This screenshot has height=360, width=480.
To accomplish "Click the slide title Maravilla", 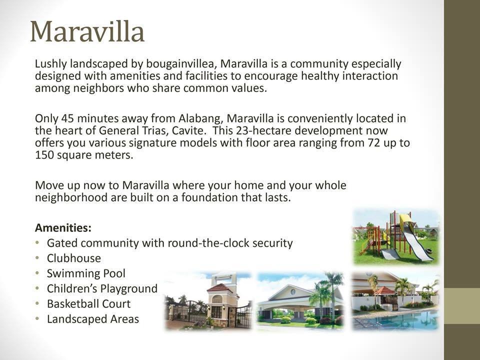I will (x=87, y=31).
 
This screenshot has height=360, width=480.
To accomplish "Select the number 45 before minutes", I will (x=67, y=119).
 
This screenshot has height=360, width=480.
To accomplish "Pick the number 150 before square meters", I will (x=44, y=155).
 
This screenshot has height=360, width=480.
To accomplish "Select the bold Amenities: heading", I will (x=63, y=228).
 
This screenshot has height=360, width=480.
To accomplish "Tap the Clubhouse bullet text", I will (x=73, y=258).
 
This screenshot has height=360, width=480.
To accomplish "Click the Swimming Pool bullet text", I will (x=86, y=273).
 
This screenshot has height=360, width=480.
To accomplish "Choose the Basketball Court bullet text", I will (x=88, y=304).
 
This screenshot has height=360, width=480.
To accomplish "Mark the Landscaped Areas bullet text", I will (x=92, y=319).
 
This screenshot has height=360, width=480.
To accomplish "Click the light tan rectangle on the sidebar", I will (x=462, y=305).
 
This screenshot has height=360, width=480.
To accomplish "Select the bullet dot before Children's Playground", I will (x=38, y=289).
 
